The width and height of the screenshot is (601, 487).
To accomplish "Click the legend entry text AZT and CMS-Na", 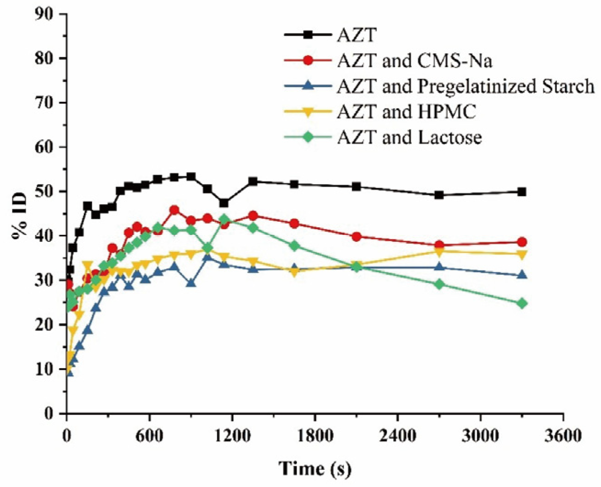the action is [415, 61].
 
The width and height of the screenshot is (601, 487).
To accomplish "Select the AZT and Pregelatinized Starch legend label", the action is [466, 86].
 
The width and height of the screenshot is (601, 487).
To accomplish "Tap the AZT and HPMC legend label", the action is [407, 112].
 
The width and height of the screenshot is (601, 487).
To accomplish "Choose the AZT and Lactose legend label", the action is [410, 138].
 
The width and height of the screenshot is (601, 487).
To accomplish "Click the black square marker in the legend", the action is [309, 35].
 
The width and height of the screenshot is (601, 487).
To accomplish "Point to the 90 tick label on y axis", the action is [45, 14].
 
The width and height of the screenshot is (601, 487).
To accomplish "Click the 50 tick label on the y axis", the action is [45, 191].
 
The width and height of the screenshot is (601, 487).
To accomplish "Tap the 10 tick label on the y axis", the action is [45, 369].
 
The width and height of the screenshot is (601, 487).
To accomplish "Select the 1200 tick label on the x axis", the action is [232, 436].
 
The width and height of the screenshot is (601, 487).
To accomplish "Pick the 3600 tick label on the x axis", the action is [563, 436].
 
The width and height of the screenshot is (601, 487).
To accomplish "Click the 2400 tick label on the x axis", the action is [398, 436].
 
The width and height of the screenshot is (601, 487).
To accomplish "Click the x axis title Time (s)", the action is [315, 469].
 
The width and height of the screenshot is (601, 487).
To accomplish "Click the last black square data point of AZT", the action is [522, 192].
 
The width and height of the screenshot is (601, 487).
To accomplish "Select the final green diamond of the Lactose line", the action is [522, 304].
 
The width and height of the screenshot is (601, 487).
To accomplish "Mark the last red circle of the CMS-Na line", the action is [522, 242].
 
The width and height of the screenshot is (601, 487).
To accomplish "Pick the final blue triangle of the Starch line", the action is [522, 275].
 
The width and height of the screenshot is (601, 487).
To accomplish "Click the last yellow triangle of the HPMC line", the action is [522, 255].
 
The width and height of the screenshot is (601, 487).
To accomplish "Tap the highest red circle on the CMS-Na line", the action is [174, 210].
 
